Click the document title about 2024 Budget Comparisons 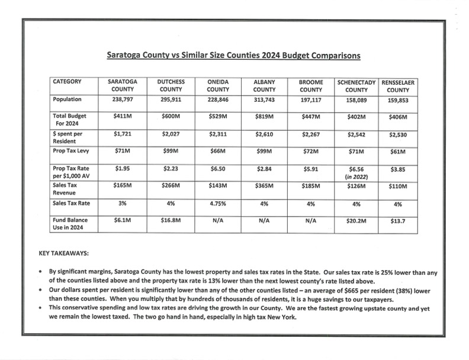[x=233, y=55]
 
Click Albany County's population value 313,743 [x=264, y=100]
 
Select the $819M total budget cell [x=264, y=117]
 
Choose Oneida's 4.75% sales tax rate [x=218, y=203]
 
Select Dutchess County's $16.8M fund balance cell [x=171, y=220]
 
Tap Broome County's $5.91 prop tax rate [x=310, y=169]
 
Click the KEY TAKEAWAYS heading [x=63, y=252]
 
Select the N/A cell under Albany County [x=264, y=220]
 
